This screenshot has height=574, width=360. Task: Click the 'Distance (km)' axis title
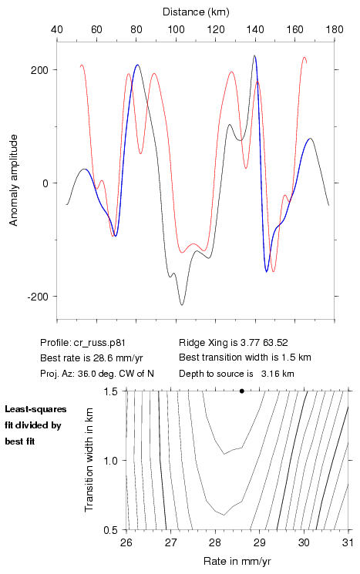pos(196,12)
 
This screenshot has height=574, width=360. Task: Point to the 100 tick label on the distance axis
pos(176,29)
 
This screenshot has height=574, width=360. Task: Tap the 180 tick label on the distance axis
pos(335,29)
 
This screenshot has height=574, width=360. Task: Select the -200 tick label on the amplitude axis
pos(38,296)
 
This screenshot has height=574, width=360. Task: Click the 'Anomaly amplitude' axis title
pos(14,180)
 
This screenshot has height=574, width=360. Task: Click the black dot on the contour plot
pos(242,391)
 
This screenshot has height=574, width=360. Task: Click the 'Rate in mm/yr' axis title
pos(237,561)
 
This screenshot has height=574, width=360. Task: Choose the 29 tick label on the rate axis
pos(260,542)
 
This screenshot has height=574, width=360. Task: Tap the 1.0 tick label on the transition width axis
pos(110,461)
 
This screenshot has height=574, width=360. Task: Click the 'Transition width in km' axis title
pos(89,460)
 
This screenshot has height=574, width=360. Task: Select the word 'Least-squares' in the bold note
pos(35,409)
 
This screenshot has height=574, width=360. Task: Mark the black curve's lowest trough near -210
pos(182,304)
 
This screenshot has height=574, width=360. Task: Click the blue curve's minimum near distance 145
pos(267,272)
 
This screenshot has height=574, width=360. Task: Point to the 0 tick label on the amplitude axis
pos(45,183)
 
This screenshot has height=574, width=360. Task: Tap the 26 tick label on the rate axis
pos(126,542)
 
